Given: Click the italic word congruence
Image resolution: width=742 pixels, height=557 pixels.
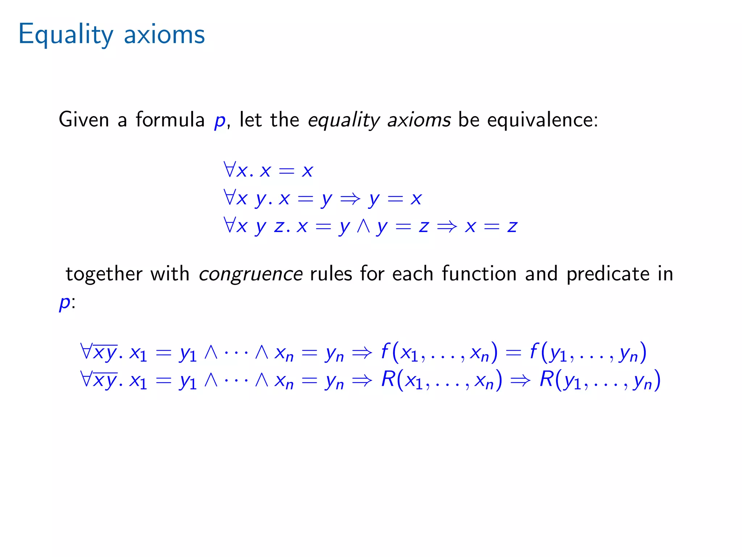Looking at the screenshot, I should pyautogui.click(x=251, y=274).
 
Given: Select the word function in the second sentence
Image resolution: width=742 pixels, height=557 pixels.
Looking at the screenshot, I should pyautogui.click(x=479, y=274).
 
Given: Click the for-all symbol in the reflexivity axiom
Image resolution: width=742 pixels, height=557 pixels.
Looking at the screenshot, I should pyautogui.click(x=230, y=170).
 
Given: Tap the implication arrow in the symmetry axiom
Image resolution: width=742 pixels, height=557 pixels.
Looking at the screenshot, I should pyautogui.click(x=350, y=198).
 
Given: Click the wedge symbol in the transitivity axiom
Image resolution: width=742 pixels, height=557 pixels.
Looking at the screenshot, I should pyautogui.click(x=363, y=226).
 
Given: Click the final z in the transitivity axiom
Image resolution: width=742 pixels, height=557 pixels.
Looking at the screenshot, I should pyautogui.click(x=512, y=227).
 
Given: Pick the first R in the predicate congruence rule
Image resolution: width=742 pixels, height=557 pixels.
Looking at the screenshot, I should pyautogui.click(x=388, y=379).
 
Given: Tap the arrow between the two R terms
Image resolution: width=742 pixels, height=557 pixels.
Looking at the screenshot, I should pyautogui.click(x=521, y=380).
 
